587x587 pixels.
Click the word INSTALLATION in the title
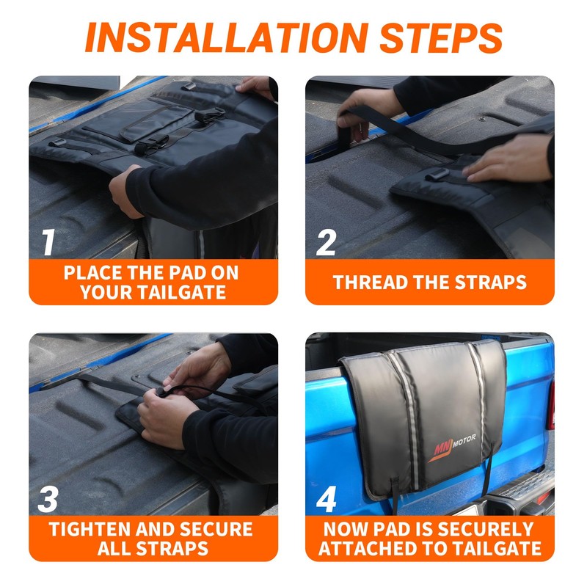(x=227, y=37)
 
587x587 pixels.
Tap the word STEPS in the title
(x=441, y=37)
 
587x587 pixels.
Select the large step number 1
(x=48, y=242)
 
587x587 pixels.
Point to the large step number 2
(x=326, y=242)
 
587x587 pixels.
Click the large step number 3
(x=48, y=499)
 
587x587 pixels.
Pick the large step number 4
(x=326, y=499)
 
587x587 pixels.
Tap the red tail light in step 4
(x=551, y=404)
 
